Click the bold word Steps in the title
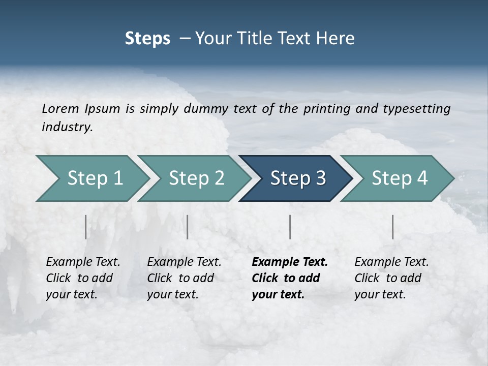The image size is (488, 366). tap(147, 39)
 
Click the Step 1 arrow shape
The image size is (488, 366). tap(91, 178)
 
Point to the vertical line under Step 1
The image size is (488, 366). tap(85, 227)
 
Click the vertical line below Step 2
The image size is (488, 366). tap(188, 227)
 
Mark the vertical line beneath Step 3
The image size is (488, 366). tap(290, 227)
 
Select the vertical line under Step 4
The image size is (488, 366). tap(393, 227)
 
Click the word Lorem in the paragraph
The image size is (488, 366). tap(60, 109)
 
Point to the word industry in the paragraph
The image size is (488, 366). tap(67, 127)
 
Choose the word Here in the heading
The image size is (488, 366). tap(338, 39)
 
